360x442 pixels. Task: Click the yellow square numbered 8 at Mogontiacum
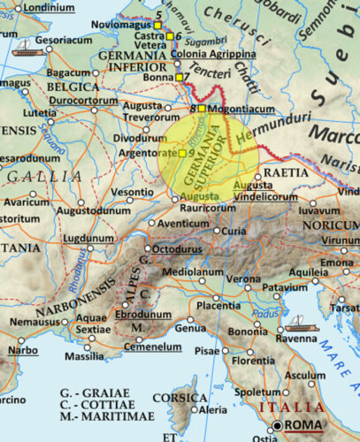[202, 109]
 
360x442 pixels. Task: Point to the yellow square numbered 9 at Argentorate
[182, 154]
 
